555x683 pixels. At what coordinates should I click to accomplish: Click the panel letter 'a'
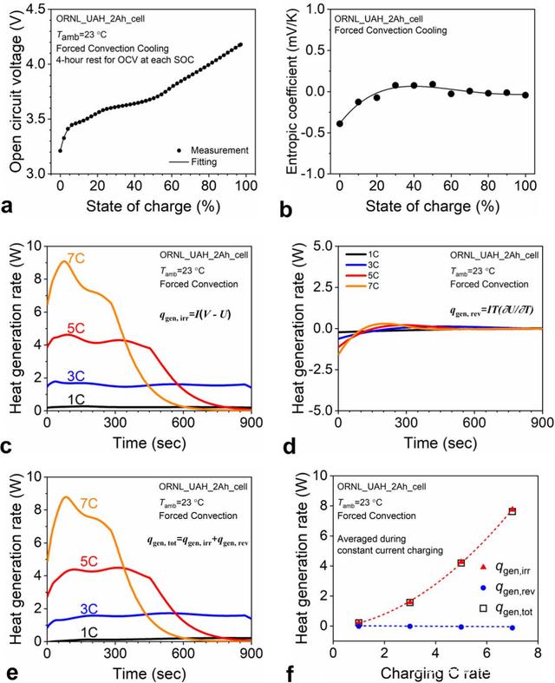[x=9, y=206]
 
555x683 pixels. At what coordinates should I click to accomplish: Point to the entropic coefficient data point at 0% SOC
[x=339, y=123]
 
